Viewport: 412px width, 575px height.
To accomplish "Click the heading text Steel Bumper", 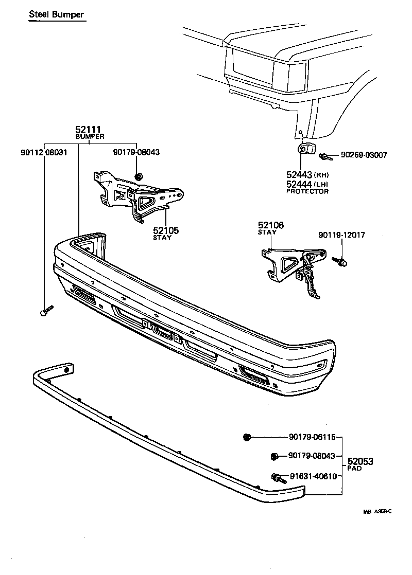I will (56, 14).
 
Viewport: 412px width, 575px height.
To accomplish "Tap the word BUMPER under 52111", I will (90, 137).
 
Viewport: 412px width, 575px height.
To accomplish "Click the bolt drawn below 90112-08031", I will (45, 311).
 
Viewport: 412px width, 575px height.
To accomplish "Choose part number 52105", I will (166, 231).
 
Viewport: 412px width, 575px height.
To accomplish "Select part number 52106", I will (270, 225).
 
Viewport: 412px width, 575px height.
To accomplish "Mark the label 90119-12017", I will (341, 235).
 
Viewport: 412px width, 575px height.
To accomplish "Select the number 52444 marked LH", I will (300, 184).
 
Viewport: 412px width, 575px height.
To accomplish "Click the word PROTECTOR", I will (307, 191).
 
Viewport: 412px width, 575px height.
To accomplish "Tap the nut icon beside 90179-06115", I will (247, 437).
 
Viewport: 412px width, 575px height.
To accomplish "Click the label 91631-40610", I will (313, 476).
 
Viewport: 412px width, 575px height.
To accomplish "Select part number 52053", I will (360, 462).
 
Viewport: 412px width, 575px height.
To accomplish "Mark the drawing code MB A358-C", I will (377, 511).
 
